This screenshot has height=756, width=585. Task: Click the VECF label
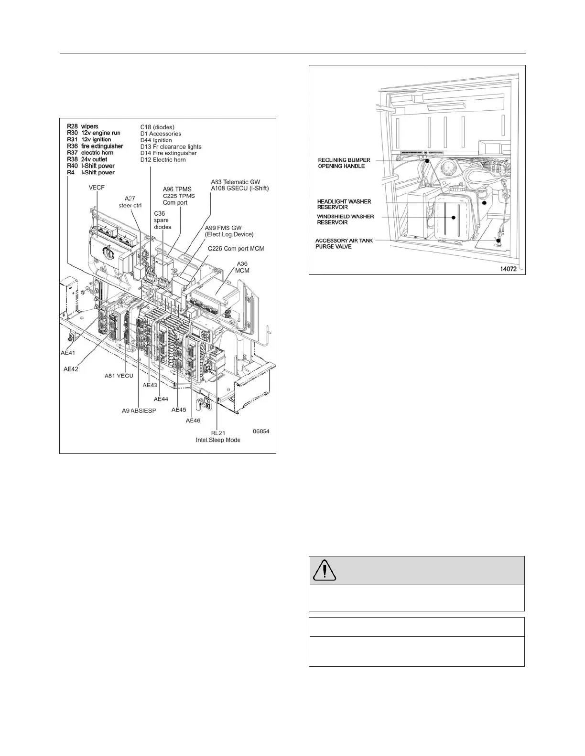97,188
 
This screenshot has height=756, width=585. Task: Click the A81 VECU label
119,376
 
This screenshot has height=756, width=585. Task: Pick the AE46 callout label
193,420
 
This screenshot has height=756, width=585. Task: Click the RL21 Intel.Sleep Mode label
218,436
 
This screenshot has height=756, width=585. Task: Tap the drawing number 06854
260,431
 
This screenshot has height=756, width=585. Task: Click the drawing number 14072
510,269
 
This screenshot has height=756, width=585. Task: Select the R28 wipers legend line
83,126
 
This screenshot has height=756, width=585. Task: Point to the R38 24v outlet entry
87,159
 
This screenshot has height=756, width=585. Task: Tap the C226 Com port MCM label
236,249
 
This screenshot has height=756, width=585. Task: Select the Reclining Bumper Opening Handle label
344,163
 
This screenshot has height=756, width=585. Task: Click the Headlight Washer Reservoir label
344,204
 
